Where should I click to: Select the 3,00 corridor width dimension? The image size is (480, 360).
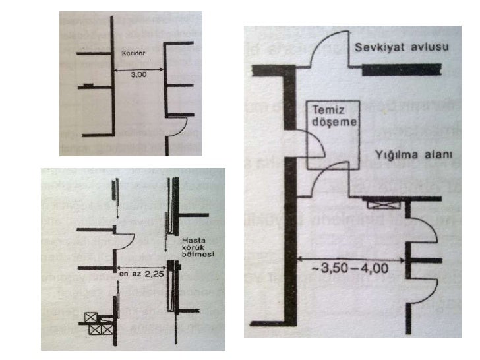point(138,76)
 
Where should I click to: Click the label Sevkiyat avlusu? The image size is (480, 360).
point(392,47)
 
